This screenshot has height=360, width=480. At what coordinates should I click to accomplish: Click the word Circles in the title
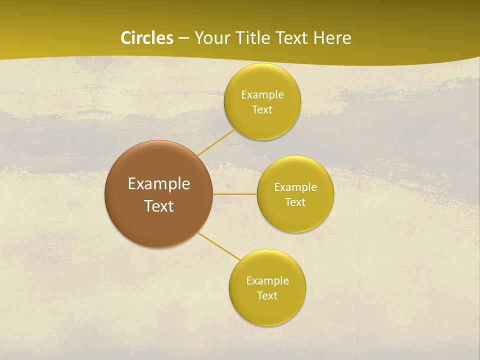[x=147, y=38]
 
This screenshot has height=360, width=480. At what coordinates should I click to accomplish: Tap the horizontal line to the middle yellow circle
[x=235, y=194]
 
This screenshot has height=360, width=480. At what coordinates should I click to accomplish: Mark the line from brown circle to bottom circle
[x=218, y=246]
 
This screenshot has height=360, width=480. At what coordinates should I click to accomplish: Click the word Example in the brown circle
[x=159, y=184]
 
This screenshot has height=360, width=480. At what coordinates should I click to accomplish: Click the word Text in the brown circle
[x=159, y=206]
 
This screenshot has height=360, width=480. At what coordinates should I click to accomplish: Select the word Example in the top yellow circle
[x=262, y=95]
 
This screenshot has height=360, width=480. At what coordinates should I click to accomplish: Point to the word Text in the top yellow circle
[x=262, y=110]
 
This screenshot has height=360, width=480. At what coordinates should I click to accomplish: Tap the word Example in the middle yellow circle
[x=295, y=187]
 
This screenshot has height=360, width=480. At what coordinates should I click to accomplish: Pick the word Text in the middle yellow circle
[x=295, y=202]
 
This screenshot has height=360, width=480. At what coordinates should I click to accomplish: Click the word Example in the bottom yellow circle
[x=267, y=281]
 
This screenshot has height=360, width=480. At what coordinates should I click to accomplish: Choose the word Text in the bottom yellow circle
[x=267, y=296]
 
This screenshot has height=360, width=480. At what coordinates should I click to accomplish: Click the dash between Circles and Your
[x=183, y=38]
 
